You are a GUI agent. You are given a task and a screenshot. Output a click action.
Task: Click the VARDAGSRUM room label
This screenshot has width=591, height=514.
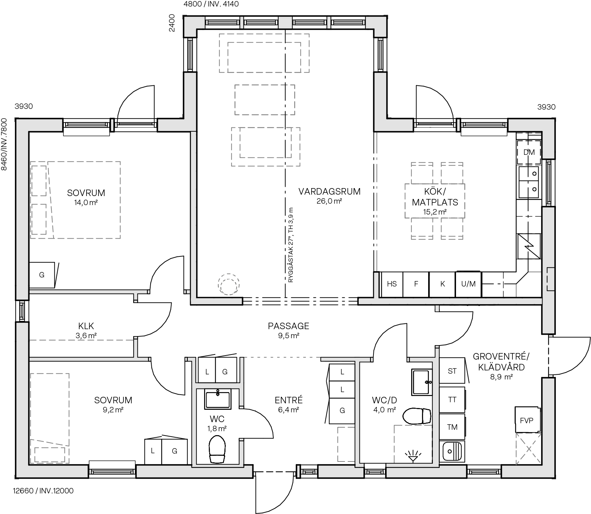[329, 192]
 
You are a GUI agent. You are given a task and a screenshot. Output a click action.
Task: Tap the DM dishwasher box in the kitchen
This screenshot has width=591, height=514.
[529, 152]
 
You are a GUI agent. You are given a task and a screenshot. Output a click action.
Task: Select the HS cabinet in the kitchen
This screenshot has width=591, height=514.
[392, 284]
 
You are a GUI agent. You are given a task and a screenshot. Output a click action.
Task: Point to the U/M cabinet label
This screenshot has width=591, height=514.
[468, 284]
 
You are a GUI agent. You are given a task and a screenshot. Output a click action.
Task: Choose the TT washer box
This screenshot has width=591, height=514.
[452, 400]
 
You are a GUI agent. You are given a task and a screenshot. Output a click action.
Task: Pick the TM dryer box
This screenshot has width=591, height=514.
[452, 427]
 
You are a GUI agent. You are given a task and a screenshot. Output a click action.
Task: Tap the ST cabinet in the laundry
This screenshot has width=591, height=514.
[452, 371]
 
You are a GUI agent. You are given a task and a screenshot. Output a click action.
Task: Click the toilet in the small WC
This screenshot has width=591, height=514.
[217, 449]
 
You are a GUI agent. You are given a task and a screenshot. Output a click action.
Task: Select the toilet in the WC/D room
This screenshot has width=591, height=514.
[417, 416]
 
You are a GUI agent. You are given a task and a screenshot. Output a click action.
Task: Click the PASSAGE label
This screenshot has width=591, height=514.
[288, 326]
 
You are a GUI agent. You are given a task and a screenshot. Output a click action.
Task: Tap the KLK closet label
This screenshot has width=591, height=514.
[86, 325]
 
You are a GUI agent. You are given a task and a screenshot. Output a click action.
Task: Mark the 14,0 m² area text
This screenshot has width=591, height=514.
[86, 203]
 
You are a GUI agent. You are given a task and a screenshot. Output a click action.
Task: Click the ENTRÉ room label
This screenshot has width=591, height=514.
[288, 400]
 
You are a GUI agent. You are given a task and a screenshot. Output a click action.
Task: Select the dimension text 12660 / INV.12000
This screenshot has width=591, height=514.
[43, 491]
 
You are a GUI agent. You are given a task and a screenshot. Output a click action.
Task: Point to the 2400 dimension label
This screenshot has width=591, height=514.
[172, 23]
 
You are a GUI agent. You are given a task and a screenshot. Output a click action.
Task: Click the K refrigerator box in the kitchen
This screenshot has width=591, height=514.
[442, 284]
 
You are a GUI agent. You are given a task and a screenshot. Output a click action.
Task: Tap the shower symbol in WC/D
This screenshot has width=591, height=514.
[411, 455]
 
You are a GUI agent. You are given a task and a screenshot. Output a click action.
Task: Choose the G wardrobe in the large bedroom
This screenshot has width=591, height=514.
[42, 275]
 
